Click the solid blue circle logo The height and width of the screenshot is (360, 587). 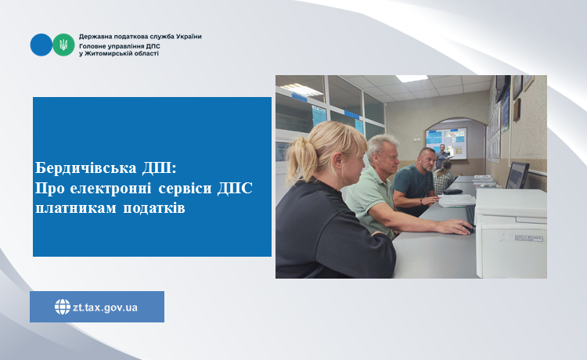41,45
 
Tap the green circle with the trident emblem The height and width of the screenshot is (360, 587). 63,45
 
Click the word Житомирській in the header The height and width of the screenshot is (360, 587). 104,53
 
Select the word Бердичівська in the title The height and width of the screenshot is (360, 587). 86,168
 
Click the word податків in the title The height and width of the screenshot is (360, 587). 154,208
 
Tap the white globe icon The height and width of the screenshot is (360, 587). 63,307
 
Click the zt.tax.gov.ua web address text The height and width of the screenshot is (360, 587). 105,308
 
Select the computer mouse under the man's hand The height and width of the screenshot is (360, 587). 467,229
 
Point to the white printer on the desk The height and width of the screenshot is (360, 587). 510,232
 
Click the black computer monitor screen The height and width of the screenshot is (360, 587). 517,175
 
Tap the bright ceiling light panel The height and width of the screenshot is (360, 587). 412,78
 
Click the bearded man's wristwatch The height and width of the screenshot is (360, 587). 421,201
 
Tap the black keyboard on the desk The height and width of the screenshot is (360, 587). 470,215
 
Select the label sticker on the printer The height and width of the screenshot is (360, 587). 528,238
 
